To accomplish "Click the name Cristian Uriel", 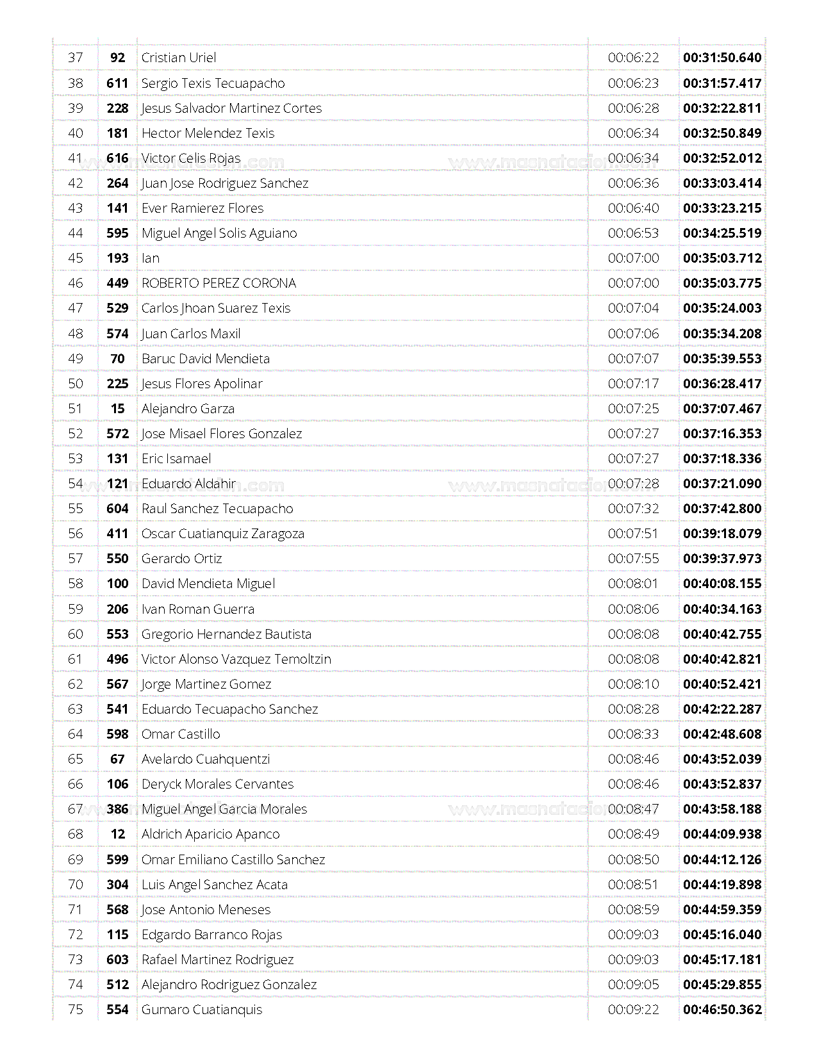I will (179, 58).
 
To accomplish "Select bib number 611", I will (117, 83).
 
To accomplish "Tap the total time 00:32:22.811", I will (722, 108).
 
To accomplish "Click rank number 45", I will (76, 258).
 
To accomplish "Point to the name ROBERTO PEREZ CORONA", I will (219, 283).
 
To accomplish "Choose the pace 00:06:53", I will (633, 233).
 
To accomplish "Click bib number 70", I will (117, 359).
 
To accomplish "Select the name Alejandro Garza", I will (188, 409).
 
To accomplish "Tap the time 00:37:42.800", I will (722, 509).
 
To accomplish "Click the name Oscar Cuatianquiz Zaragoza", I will (223, 534).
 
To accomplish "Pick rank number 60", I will (76, 634).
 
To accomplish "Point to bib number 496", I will (117, 659).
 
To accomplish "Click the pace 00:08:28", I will (633, 709).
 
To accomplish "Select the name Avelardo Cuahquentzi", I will (206, 759).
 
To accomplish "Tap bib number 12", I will (117, 834).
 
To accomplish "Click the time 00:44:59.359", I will (722, 910).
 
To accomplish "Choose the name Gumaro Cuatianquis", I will (202, 1010).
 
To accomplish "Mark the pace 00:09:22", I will (633, 1010).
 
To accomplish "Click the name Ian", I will (151, 258).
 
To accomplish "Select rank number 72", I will (76, 935).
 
